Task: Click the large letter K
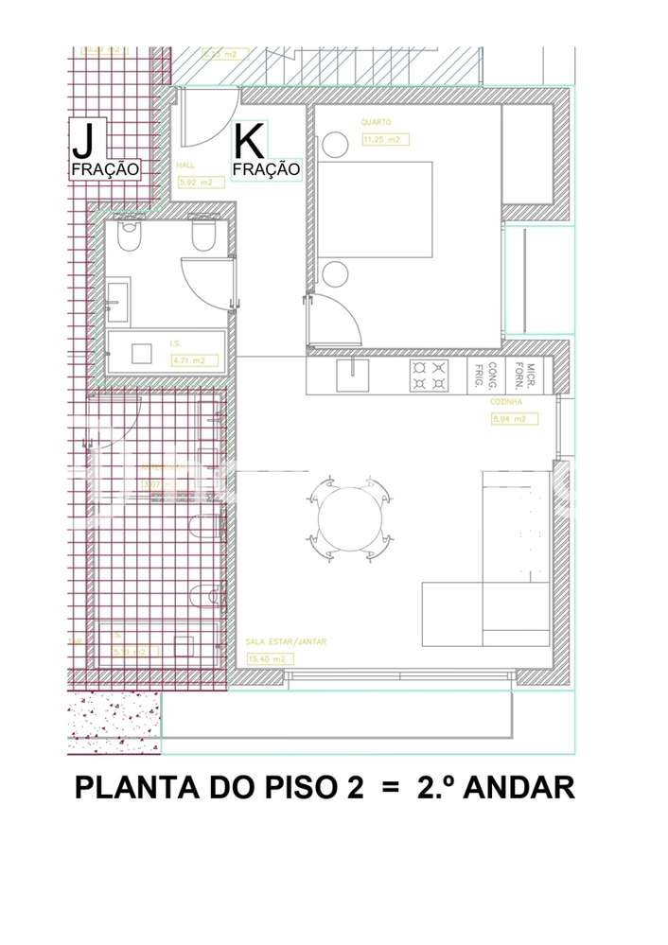tap(249, 142)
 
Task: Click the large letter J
tap(83, 142)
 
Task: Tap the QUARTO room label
tap(376, 122)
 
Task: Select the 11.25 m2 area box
tap(384, 140)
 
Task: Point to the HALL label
tap(185, 165)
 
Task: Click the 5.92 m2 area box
tap(196, 184)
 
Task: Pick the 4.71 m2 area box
tap(194, 360)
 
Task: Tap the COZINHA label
tap(507, 401)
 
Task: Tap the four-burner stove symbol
tap(430, 376)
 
